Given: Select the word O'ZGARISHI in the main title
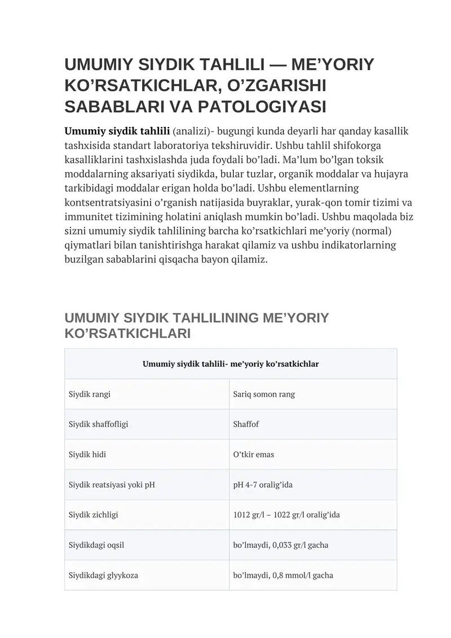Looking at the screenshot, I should point(271,86).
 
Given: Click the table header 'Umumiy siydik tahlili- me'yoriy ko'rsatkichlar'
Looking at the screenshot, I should point(231,364).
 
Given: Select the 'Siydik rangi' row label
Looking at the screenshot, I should point(90,394).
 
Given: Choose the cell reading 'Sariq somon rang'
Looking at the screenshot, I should point(264,394).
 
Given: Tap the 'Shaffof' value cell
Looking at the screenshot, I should point(246,424).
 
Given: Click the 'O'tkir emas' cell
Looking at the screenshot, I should point(253,455).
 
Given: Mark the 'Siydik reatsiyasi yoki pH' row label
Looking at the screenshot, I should point(112,485).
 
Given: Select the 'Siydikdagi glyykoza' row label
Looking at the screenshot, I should point(103,576).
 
